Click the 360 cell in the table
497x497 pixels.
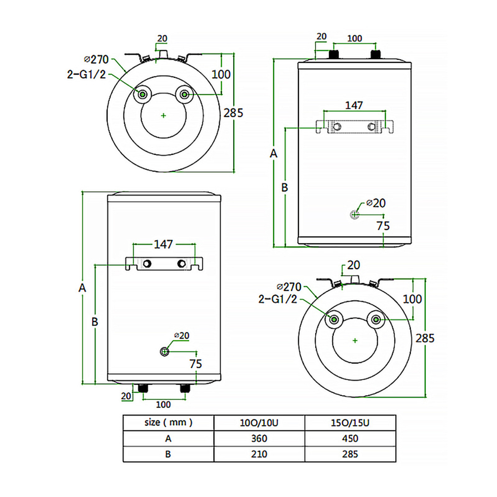pyautogui.click(x=259, y=438)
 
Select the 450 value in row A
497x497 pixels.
pyautogui.click(x=350, y=438)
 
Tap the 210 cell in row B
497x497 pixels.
pyautogui.click(x=259, y=454)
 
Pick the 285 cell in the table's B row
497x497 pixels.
pyautogui.click(x=350, y=454)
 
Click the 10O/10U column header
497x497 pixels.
pyautogui.click(x=259, y=423)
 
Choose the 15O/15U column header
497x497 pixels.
pyautogui.click(x=350, y=423)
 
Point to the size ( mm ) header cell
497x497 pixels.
pyautogui.click(x=168, y=423)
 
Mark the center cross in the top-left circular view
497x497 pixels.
pyautogui.click(x=164, y=115)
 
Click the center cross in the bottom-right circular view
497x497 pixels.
pyautogui.click(x=355, y=340)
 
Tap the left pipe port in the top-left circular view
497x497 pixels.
pyautogui.click(x=143, y=94)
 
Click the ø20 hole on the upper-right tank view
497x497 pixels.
pyautogui.click(x=354, y=214)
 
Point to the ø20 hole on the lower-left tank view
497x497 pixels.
pyautogui.click(x=165, y=351)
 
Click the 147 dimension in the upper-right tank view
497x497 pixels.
pyautogui.click(x=354, y=105)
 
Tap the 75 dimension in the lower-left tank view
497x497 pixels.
pyautogui.click(x=196, y=363)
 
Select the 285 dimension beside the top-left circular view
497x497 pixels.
pyautogui.click(x=233, y=112)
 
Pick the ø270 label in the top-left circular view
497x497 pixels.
pyautogui.click(x=96, y=60)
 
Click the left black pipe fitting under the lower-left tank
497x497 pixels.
pyautogui.click(x=144, y=388)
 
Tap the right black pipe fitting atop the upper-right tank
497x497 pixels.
pyautogui.click(x=376, y=53)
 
